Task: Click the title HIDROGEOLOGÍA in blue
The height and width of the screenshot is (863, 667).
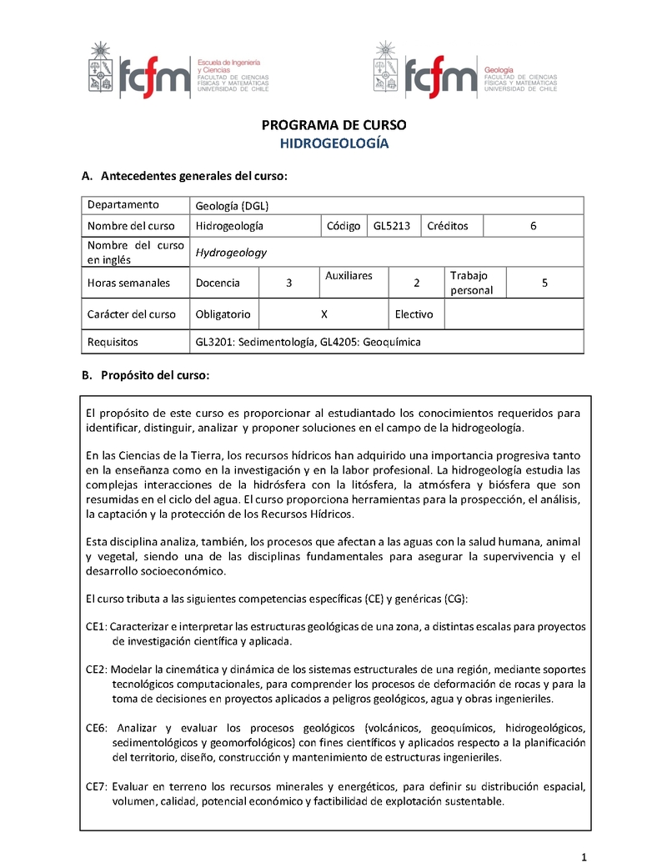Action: [333, 143]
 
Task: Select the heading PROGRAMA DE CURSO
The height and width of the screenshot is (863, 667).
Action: [333, 125]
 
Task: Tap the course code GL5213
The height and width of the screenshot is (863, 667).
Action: [392, 225]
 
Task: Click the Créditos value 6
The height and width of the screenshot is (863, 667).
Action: [533, 225]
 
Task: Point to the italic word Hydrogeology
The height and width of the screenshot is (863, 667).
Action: [231, 253]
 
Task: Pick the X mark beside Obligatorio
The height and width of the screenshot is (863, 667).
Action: [323, 314]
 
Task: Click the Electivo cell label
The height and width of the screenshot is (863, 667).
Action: [414, 314]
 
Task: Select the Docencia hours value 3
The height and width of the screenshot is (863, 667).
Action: [288, 283]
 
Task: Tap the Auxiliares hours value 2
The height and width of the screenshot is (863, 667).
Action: [416, 283]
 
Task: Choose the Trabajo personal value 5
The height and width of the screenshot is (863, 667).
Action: [544, 283]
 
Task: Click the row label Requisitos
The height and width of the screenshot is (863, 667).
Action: [113, 342]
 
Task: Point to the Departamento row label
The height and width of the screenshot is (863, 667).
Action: [123, 205]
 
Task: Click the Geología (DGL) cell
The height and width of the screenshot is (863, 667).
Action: [231, 205]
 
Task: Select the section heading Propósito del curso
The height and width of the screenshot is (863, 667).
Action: [154, 375]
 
